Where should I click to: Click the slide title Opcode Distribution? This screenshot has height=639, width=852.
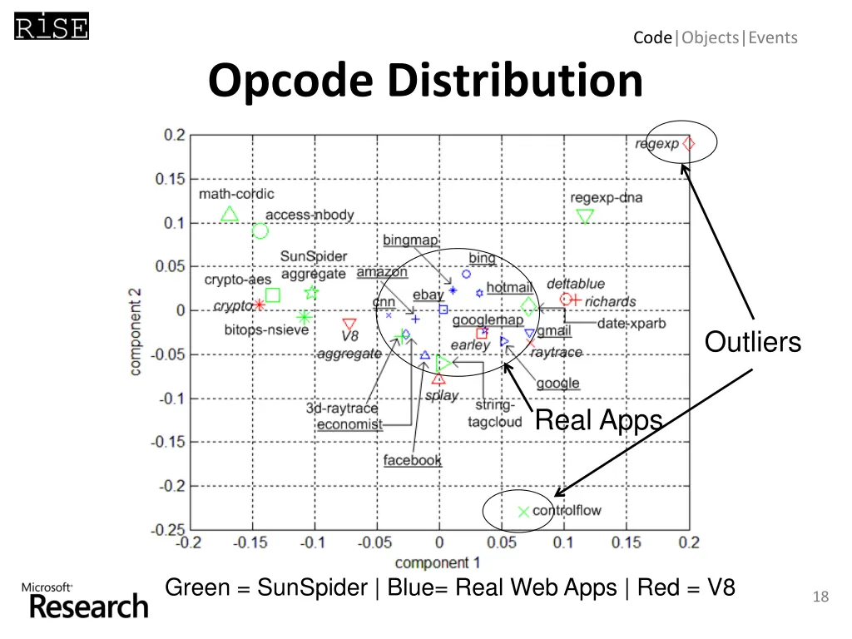click(x=425, y=82)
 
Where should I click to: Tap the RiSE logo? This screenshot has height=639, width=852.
click(x=51, y=27)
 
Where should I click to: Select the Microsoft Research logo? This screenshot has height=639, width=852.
click(x=85, y=600)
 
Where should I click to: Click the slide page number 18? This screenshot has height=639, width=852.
click(x=820, y=597)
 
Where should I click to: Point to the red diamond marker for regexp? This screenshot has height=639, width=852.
click(x=688, y=143)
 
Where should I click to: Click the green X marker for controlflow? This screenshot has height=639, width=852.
click(x=523, y=512)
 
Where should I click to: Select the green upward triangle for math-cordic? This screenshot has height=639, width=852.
click(x=230, y=214)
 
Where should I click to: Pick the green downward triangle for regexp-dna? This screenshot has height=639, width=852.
click(x=585, y=217)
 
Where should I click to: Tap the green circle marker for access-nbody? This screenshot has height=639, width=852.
click(x=260, y=231)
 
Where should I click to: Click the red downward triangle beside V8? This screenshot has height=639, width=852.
click(x=349, y=324)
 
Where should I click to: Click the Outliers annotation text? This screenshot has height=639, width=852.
click(x=753, y=342)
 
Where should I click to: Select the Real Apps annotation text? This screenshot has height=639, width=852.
click(x=598, y=421)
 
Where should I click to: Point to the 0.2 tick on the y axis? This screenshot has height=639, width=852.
click(x=174, y=135)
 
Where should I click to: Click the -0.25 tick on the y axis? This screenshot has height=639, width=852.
click(x=170, y=529)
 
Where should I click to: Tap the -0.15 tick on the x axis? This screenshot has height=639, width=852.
click(x=250, y=543)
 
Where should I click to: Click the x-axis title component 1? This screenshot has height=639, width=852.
click(x=438, y=562)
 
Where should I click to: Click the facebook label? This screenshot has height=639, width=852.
click(x=413, y=460)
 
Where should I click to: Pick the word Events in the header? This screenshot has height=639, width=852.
click(x=773, y=37)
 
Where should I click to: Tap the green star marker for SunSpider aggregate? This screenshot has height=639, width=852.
click(x=311, y=292)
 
